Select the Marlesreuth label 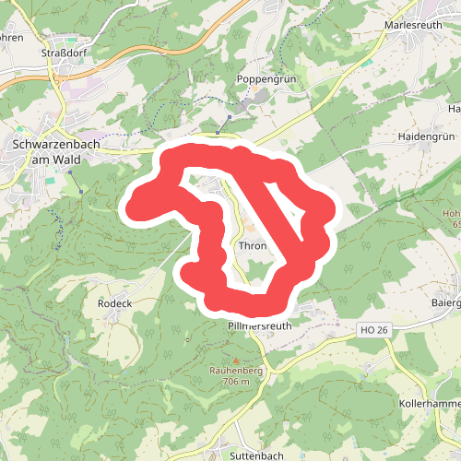[x=414, y=25]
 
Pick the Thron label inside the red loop [x=252, y=246]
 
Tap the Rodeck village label [x=115, y=303]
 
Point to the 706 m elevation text [x=236, y=381]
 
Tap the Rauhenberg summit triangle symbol [x=236, y=360]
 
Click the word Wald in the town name [x=65, y=160]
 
